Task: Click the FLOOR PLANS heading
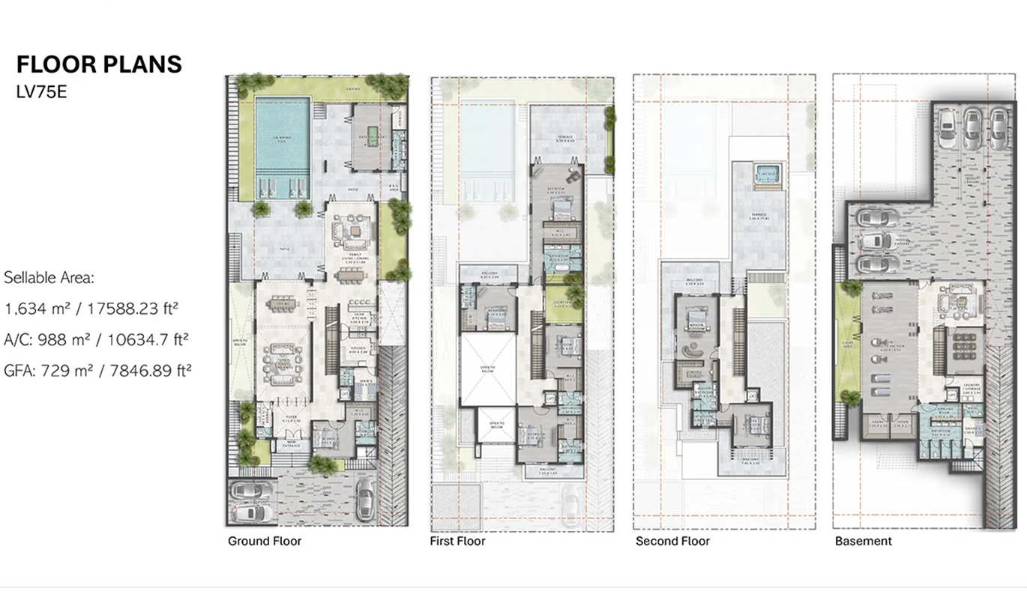99,64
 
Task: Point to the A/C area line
96,339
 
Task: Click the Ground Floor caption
264,541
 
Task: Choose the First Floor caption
457,541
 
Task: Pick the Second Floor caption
672,541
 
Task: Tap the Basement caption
863,541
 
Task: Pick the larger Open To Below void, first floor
487,369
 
